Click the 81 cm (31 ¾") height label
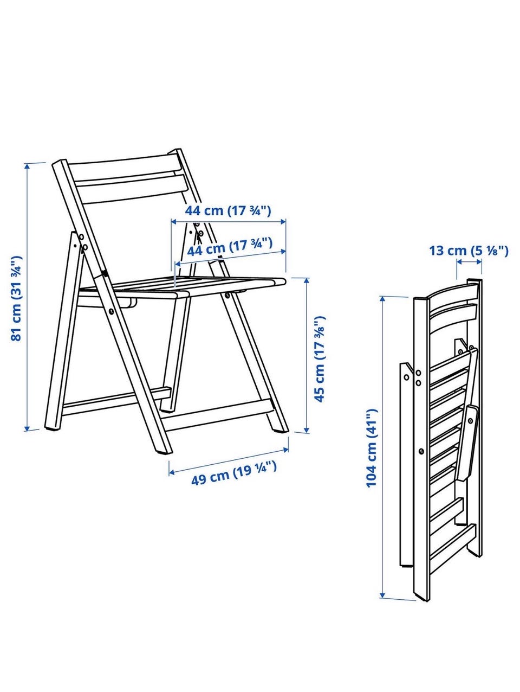pyautogui.click(x=16, y=298)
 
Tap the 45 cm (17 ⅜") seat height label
pyautogui.click(x=320, y=359)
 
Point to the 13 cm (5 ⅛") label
pyautogui.click(x=469, y=251)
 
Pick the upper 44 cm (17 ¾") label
pyautogui.click(x=227, y=210)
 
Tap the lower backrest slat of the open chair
pyautogui.click(x=132, y=189)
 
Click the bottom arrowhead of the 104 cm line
pyautogui.click(x=382, y=594)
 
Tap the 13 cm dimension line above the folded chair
pyautogui.click(x=469, y=261)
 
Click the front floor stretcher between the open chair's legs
pyautogui.click(x=217, y=414)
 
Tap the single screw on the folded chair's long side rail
pyautogui.click(x=421, y=452)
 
